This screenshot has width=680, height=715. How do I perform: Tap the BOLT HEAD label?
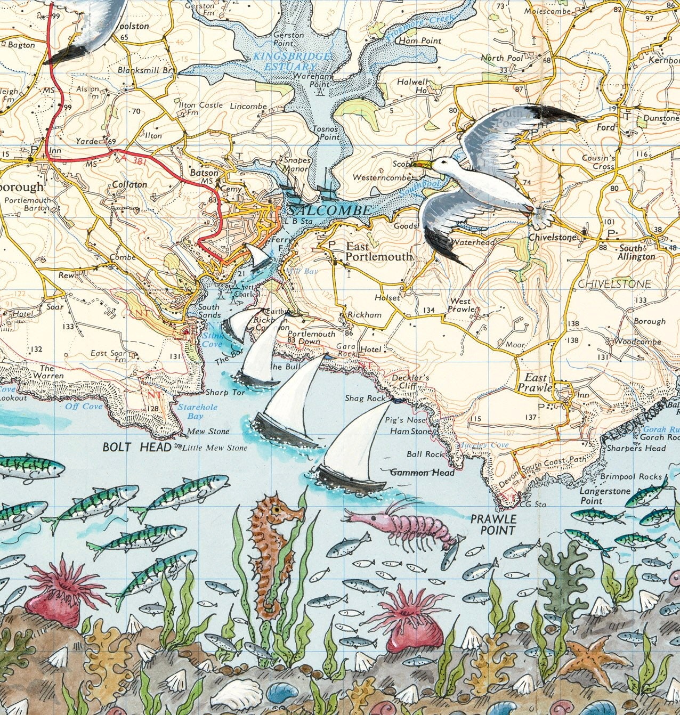tap(137, 447)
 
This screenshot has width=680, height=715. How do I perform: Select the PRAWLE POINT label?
tap(493, 524)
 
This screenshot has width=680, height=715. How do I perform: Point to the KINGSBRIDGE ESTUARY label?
tap(292, 61)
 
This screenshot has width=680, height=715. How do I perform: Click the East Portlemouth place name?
tap(378, 252)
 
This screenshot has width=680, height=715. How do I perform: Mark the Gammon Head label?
tap(423, 472)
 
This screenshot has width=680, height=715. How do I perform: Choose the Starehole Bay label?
tap(190, 411)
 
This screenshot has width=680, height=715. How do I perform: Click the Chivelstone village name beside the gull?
tap(552, 237)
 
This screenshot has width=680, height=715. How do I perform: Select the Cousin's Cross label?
tap(598, 162)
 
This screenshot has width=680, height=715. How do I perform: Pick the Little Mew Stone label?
tap(215, 448)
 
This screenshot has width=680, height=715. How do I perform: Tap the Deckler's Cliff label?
tap(410, 381)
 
